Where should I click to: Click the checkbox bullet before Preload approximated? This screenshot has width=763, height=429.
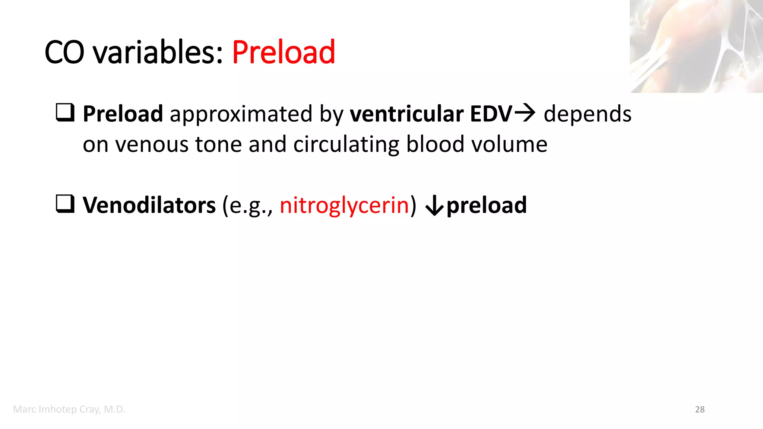click(x=65, y=112)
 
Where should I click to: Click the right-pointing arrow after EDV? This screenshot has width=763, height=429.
click(x=525, y=113)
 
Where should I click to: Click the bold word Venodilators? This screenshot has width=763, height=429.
click(x=149, y=205)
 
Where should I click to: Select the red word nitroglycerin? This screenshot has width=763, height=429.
click(x=344, y=206)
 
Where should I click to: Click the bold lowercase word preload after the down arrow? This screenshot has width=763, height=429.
click(x=487, y=206)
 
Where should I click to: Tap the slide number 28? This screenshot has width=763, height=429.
click(x=700, y=409)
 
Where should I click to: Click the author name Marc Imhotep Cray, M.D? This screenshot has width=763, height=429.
click(x=69, y=409)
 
